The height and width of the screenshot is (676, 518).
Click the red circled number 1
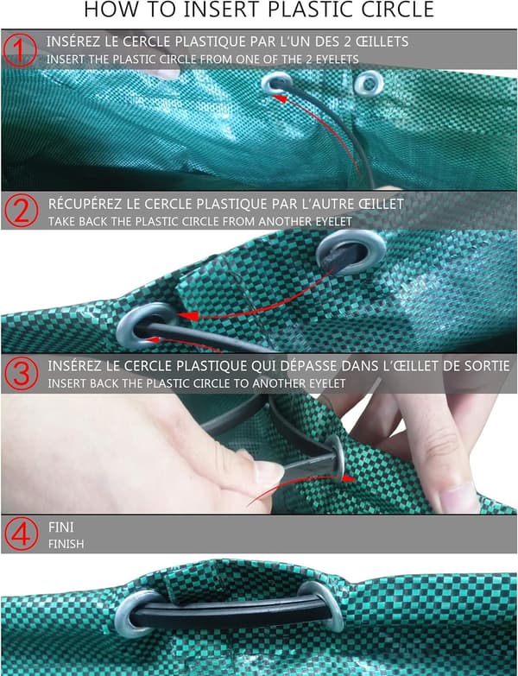[20, 50]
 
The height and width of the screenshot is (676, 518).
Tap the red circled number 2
[22, 211]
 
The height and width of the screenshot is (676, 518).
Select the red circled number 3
[21, 373]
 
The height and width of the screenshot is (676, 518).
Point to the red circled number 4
[21, 534]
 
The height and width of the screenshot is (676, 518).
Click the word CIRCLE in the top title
[398, 9]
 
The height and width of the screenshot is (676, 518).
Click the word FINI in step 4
[60, 527]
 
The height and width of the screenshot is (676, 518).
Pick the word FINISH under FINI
[66, 544]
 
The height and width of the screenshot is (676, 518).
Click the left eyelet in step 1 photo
[276, 83]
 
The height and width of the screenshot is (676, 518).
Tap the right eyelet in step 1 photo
[369, 83]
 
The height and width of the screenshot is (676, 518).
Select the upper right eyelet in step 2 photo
[351, 252]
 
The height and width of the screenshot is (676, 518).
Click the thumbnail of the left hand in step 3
[269, 471]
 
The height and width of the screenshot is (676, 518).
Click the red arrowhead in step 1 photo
[280, 98]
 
